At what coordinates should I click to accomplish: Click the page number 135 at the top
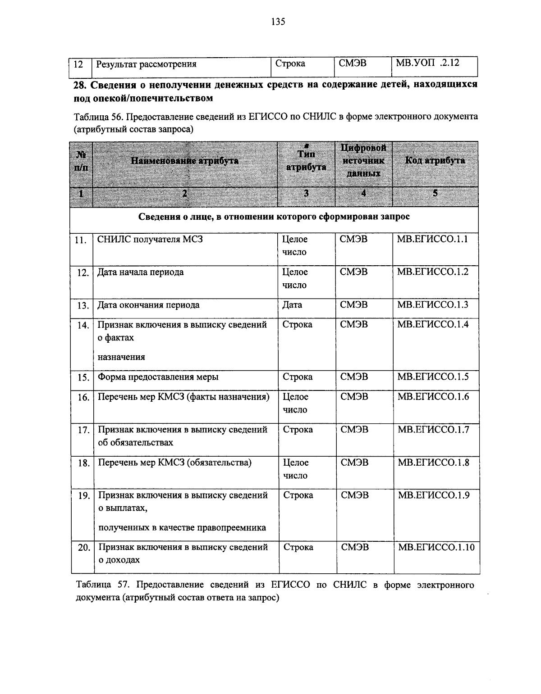(x=278, y=22)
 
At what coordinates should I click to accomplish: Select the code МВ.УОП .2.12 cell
(x=427, y=63)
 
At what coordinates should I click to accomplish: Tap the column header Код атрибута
(x=435, y=161)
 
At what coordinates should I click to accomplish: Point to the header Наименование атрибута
(x=184, y=161)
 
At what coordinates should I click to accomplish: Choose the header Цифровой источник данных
(x=363, y=161)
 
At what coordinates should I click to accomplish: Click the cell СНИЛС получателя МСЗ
(x=150, y=239)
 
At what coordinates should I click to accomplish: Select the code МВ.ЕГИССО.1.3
(x=432, y=305)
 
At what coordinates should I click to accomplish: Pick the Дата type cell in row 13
(x=292, y=305)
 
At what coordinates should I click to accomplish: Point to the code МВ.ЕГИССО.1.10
(x=436, y=548)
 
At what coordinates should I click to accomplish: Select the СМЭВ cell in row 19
(x=355, y=495)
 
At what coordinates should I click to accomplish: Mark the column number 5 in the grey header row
(x=435, y=194)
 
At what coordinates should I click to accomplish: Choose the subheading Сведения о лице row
(x=274, y=217)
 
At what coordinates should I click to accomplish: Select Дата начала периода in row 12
(x=141, y=272)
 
